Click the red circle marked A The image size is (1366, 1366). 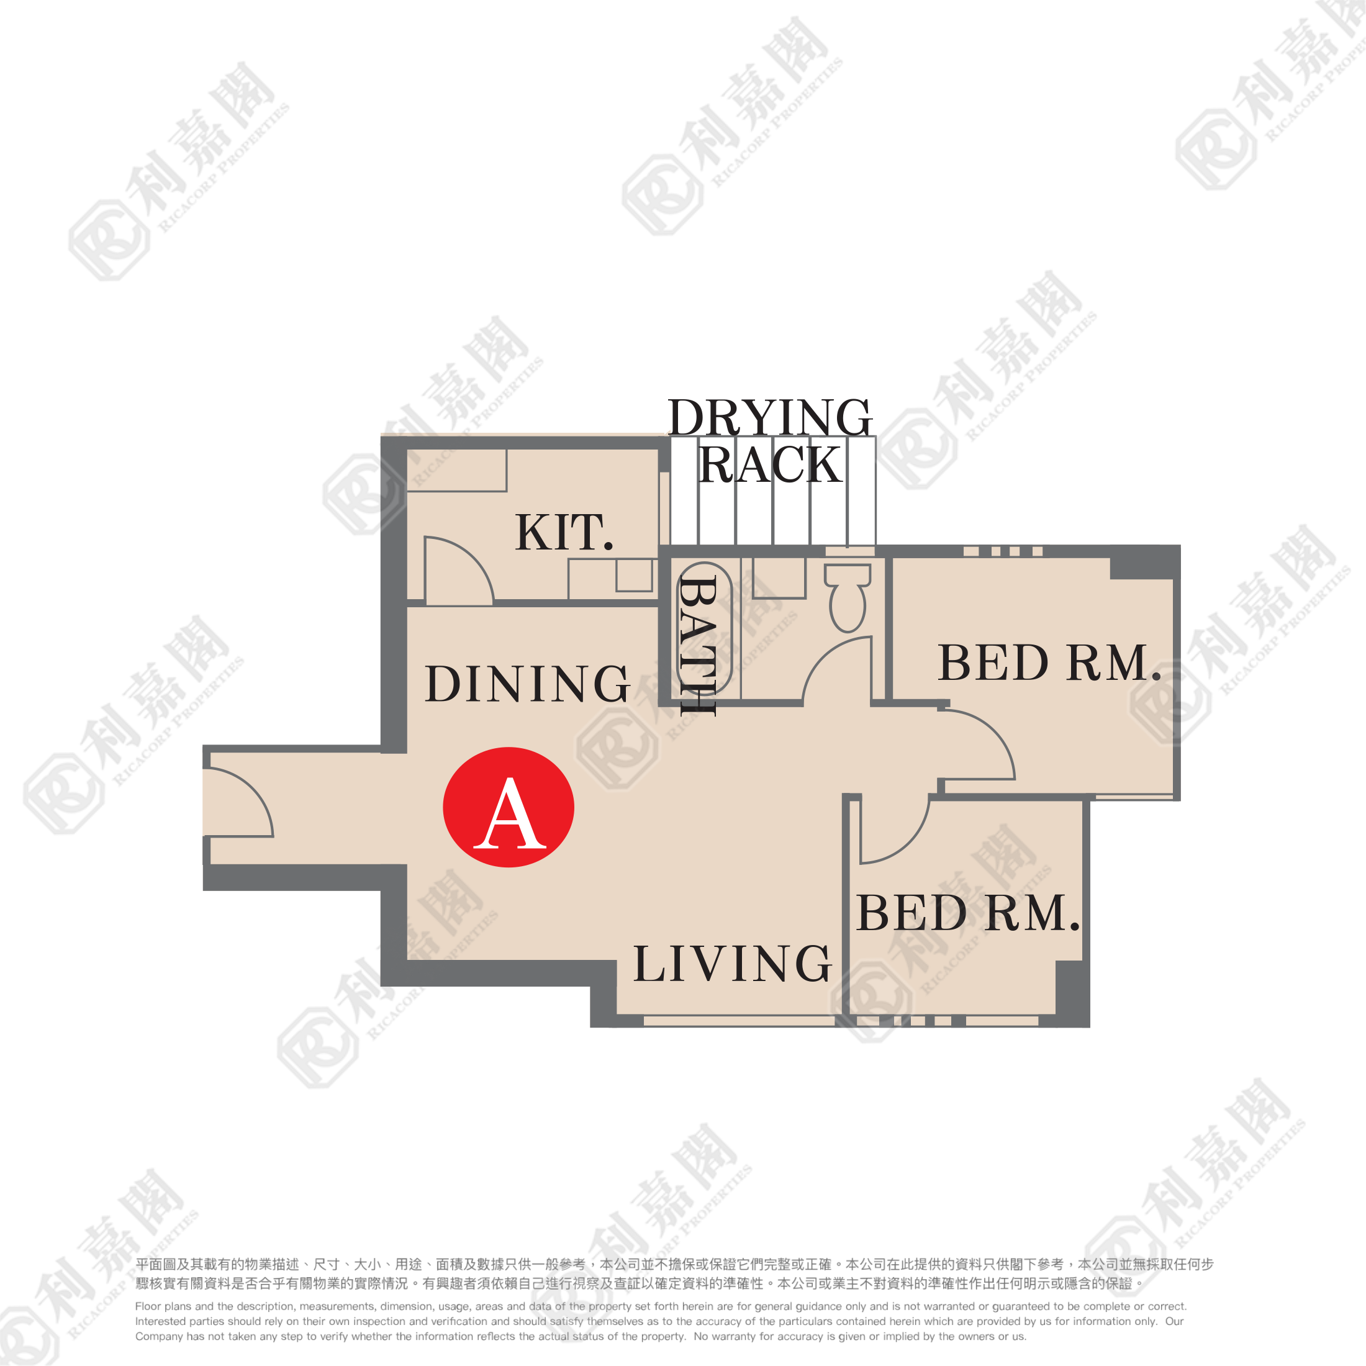[509, 807]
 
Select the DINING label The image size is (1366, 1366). [527, 684]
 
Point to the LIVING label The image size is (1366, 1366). [733, 963]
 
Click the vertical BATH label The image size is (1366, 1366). [698, 646]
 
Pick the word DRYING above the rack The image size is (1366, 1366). [770, 417]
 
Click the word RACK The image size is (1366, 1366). [770, 464]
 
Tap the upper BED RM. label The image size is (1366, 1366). [1050, 663]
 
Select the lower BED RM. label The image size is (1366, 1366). [969, 913]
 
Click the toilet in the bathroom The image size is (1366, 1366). [848, 597]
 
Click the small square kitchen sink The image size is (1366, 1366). [634, 576]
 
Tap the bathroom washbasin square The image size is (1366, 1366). [779, 577]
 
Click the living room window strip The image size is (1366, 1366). [740, 1020]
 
